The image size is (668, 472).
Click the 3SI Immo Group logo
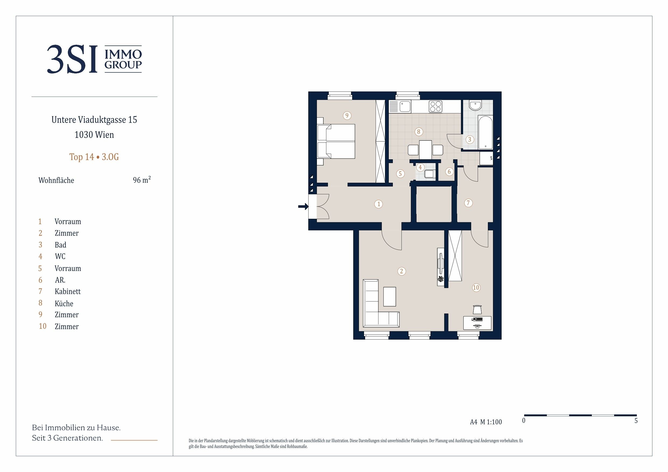95,59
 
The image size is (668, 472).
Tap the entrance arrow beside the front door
303,206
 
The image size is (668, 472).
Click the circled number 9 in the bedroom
347,116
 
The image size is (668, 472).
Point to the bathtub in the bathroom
485,132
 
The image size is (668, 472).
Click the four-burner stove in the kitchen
436,107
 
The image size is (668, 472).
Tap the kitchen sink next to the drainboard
405,107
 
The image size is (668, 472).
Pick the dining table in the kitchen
425,149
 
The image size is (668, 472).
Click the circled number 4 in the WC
420,167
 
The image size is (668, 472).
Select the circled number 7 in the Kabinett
468,203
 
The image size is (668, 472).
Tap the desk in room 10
477,323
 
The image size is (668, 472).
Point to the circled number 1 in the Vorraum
378,204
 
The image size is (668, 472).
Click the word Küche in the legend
64,303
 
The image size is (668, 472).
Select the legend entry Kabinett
68,291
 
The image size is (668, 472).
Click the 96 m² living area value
142,180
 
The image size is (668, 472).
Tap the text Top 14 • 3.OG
94,157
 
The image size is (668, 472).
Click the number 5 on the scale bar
636,421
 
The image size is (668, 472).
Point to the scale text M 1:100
491,422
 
